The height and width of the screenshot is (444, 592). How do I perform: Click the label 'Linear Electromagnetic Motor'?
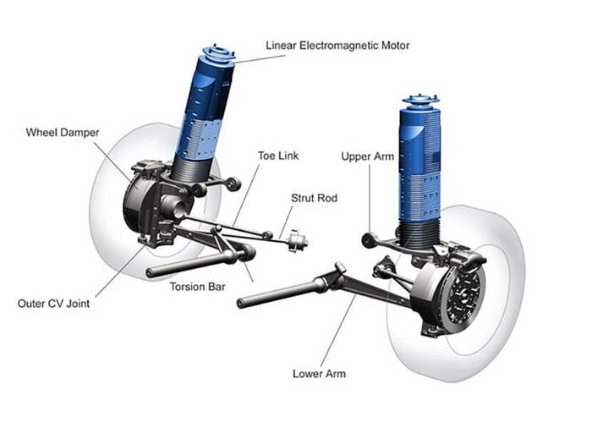pyautogui.click(x=337, y=46)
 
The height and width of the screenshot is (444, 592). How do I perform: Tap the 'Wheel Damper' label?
pyautogui.click(x=63, y=133)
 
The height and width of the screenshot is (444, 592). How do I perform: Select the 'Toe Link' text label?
pyautogui.click(x=278, y=156)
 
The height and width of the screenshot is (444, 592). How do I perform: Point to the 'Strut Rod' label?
pyautogui.click(x=314, y=198)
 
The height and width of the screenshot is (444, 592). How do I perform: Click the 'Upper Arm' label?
pyautogui.click(x=367, y=156)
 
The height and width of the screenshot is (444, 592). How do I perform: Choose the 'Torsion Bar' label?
pyautogui.click(x=197, y=287)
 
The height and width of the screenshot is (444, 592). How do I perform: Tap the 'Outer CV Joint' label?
pyautogui.click(x=53, y=304)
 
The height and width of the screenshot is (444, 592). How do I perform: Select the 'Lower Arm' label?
pyautogui.click(x=319, y=374)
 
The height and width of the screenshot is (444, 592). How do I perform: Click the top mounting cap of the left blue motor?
pyautogui.click(x=219, y=53)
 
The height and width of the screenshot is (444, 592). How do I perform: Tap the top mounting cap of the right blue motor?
pyautogui.click(x=419, y=101)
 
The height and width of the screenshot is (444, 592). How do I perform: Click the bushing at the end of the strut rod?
pyautogui.click(x=298, y=241)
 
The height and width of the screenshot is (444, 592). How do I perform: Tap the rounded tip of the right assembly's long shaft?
pyautogui.click(x=240, y=303)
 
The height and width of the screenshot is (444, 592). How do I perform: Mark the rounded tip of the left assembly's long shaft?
pyautogui.click(x=149, y=272)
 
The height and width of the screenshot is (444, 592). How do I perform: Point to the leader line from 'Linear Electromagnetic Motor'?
pyautogui.click(x=260, y=59)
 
